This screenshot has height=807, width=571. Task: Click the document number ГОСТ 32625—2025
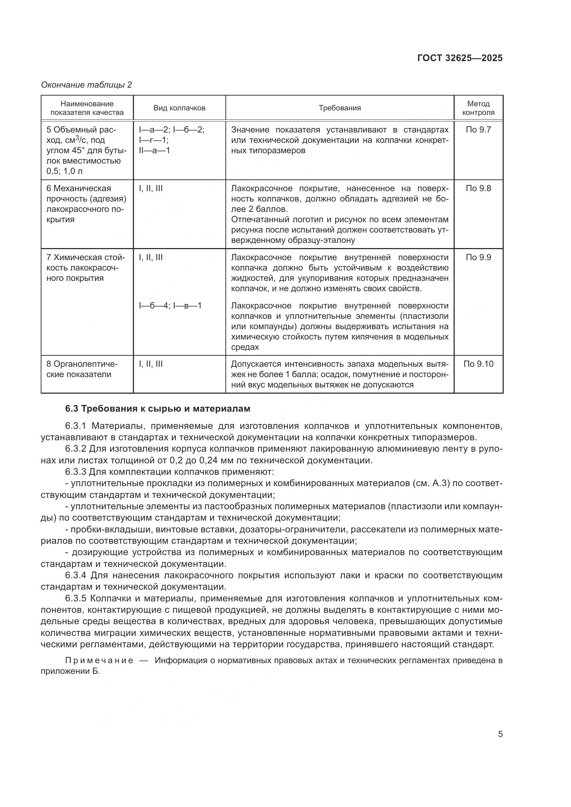[459, 58]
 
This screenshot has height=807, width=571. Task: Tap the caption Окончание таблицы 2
[86, 85]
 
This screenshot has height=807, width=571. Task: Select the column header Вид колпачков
[179, 108]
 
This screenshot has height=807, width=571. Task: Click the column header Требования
[340, 108]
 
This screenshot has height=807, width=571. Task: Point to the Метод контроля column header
[478, 108]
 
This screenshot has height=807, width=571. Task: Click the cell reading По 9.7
[478, 130]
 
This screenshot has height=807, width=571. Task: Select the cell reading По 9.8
[478, 189]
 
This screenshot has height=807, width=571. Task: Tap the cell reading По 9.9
[478, 258]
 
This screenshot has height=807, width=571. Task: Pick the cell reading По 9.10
[478, 364]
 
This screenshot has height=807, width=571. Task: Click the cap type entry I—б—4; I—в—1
[170, 306]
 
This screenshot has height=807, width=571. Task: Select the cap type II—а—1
[154, 151]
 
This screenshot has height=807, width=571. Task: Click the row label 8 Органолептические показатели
[82, 369]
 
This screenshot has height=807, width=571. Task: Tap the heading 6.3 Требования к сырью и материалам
[157, 409]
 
